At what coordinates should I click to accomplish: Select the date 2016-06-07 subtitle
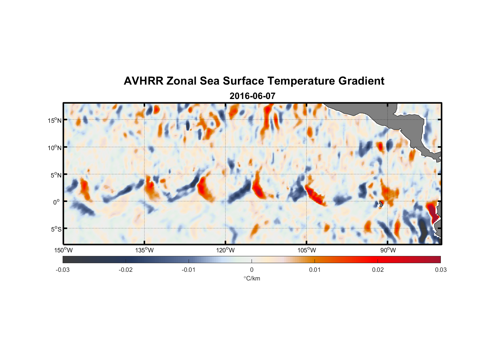point(252,96)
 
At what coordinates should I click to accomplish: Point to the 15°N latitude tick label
point(55,120)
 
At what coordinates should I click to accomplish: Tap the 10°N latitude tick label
point(55,148)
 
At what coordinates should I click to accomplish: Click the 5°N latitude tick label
point(56,175)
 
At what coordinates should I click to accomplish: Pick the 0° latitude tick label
point(57,202)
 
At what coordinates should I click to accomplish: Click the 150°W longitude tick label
point(64,250)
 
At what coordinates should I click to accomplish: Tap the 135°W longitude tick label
point(145,250)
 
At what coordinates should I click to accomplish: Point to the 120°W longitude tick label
point(226,250)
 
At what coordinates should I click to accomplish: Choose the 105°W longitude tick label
point(307,250)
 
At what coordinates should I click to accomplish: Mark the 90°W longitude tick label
point(388,250)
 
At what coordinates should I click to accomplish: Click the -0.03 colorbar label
point(63,270)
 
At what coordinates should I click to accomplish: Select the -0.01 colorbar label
point(189,270)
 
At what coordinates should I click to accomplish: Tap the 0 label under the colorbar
point(252,270)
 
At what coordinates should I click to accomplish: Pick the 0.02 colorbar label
point(378,270)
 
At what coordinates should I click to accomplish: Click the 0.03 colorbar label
point(440,270)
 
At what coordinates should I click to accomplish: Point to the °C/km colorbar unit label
point(252,278)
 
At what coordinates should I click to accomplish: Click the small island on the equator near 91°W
point(381,204)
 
